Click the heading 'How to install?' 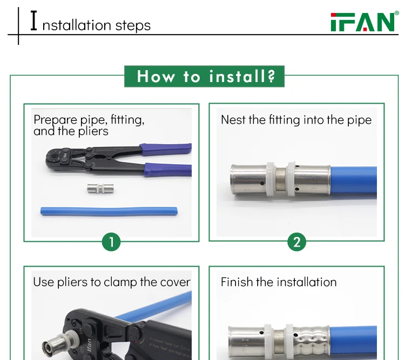pyautogui.click(x=205, y=76)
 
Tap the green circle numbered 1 pyautogui.click(x=111, y=242)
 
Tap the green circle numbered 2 pyautogui.click(x=296, y=242)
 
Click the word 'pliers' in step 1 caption pyautogui.click(x=91, y=131)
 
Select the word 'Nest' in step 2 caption pyautogui.click(x=233, y=120)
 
